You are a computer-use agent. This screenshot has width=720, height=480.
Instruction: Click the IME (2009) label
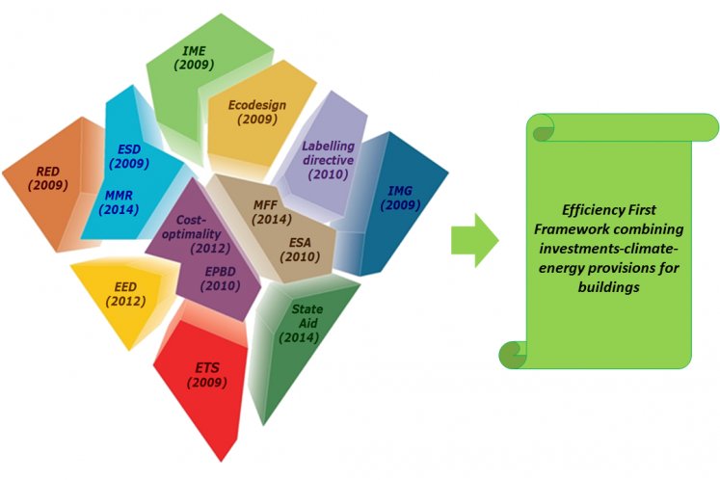[194, 58]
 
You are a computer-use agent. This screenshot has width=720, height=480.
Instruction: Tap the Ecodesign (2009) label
[257, 112]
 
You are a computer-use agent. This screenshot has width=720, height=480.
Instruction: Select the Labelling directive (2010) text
[329, 160]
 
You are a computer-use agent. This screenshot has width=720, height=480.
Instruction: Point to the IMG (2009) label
[400, 198]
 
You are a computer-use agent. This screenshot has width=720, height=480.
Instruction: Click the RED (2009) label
[48, 178]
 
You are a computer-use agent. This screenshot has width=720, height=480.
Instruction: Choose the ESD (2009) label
[129, 156]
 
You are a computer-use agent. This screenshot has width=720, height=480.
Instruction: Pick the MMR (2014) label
[119, 202]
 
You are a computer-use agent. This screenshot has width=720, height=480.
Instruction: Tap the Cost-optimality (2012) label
[197, 234]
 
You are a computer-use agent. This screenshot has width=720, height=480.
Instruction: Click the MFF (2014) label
[272, 212]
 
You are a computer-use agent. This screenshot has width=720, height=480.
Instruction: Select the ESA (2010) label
[300, 250]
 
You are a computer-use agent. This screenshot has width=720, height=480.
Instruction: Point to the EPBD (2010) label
[221, 279]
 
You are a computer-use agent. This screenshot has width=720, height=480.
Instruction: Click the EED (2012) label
[125, 294]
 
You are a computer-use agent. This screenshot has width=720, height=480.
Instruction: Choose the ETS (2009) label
[207, 375]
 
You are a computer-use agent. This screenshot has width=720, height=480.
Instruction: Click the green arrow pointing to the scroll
[474, 240]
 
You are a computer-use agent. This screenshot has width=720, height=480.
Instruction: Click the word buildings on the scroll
[608, 287]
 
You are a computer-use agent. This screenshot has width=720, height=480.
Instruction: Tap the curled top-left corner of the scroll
[541, 127]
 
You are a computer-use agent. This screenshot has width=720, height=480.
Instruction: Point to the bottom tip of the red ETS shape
[221, 461]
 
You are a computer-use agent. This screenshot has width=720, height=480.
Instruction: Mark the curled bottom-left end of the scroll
[513, 355]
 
